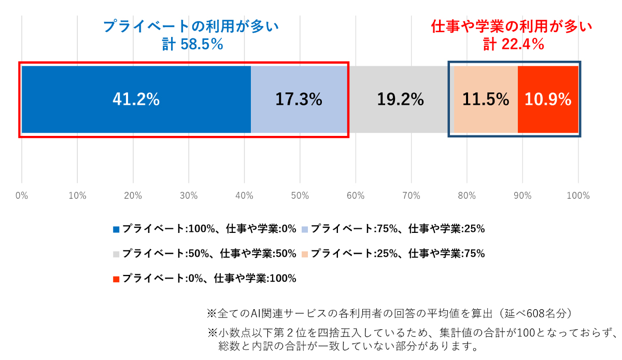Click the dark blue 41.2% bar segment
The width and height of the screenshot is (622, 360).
pos(136,99)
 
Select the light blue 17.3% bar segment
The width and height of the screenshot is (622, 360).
pos(299,99)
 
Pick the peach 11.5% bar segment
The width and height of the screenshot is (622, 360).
pos(486,99)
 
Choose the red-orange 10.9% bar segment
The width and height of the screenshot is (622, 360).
pos(548,99)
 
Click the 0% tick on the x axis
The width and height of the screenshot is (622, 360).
pos(21,196)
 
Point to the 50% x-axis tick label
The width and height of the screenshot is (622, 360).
pos(300,196)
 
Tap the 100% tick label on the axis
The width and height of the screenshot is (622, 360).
pos(578,196)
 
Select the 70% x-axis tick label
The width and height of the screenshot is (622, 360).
pos(411,196)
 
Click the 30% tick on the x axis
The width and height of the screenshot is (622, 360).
pos(189,196)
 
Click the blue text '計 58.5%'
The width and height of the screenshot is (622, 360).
pos(192,45)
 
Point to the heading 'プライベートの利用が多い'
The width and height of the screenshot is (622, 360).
pos(191,26)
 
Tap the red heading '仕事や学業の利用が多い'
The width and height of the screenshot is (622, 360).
pos(512,26)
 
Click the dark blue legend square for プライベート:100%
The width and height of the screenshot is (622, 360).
pos(116,229)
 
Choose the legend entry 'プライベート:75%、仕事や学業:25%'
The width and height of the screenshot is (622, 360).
pos(397,228)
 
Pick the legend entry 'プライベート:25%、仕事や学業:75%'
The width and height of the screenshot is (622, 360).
pos(397,254)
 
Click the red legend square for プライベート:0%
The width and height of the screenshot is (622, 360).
pos(116,279)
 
